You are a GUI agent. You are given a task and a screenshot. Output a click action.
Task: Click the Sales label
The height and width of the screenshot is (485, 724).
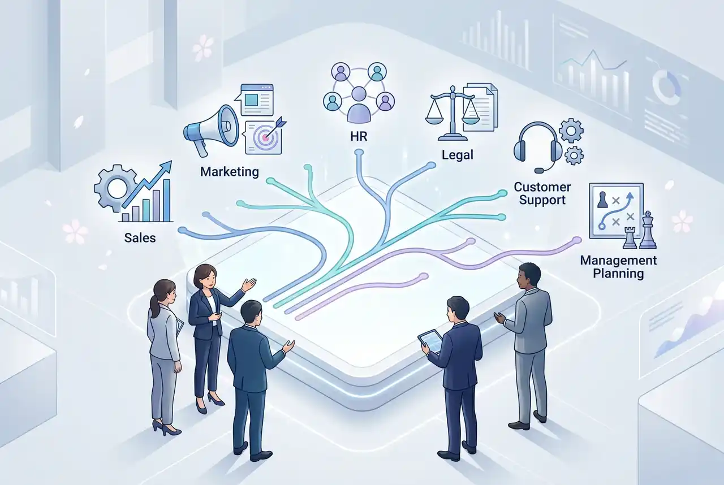tap(140, 237)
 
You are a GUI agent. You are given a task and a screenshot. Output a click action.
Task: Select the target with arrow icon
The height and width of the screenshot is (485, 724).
tap(264, 135)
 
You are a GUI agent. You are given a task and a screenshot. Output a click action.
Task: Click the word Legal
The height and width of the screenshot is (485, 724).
tap(458, 154)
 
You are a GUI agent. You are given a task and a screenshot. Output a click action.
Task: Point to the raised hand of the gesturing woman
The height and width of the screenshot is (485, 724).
tap(249, 284)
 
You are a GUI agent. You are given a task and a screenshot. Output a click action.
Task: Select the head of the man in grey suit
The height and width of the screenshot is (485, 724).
tap(529, 275)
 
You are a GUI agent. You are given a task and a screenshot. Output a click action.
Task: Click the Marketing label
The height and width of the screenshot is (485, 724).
tap(229, 171)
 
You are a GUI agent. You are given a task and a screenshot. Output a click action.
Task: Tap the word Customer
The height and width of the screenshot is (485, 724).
tap(542, 187)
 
